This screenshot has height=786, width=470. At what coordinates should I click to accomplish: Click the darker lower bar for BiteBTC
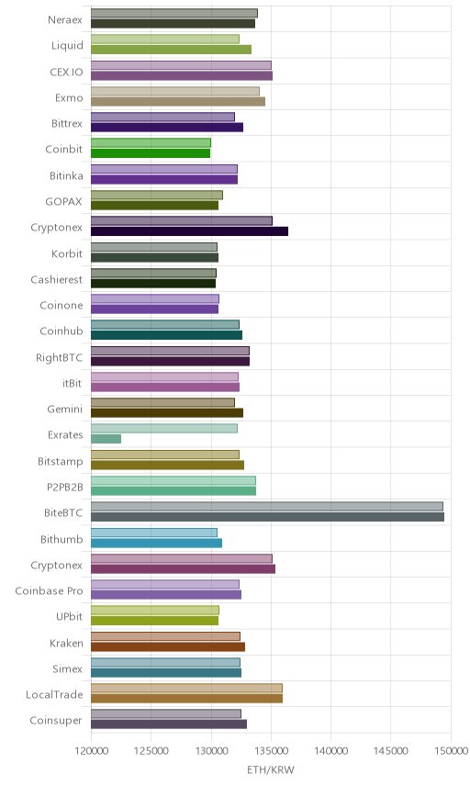[x=267, y=517]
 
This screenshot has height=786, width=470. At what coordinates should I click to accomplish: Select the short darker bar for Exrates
[x=106, y=439]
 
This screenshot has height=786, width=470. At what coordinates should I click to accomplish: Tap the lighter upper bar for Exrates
[x=164, y=429]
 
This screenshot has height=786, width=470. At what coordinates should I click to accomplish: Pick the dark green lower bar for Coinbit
[x=151, y=153]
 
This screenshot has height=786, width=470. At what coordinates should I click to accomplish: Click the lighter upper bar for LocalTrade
[x=187, y=688]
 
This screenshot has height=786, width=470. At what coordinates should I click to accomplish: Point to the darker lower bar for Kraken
[x=168, y=646]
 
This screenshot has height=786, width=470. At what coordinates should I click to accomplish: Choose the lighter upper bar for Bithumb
[x=154, y=533]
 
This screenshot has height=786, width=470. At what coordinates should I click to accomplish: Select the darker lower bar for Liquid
[x=172, y=50]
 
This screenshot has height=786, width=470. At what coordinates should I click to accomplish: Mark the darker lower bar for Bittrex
[x=167, y=128]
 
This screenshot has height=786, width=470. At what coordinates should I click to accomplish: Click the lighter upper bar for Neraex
[x=174, y=13]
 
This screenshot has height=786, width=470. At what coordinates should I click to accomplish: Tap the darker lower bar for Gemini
[x=167, y=413]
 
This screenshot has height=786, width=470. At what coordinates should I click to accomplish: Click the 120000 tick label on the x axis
[x=91, y=750]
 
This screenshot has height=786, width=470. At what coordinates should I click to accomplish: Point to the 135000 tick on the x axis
[x=271, y=750]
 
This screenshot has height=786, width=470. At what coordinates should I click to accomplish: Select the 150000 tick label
[x=451, y=750]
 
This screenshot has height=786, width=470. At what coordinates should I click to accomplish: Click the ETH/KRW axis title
[x=271, y=769]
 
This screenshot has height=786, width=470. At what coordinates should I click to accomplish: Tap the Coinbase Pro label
[x=49, y=591]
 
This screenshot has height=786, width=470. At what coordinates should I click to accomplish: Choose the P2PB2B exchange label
[x=64, y=488]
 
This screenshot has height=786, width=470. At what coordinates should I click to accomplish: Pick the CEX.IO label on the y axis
[x=66, y=73]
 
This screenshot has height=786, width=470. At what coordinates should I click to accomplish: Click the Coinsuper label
[x=56, y=721]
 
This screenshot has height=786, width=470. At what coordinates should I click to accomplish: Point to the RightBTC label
[x=59, y=358]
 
